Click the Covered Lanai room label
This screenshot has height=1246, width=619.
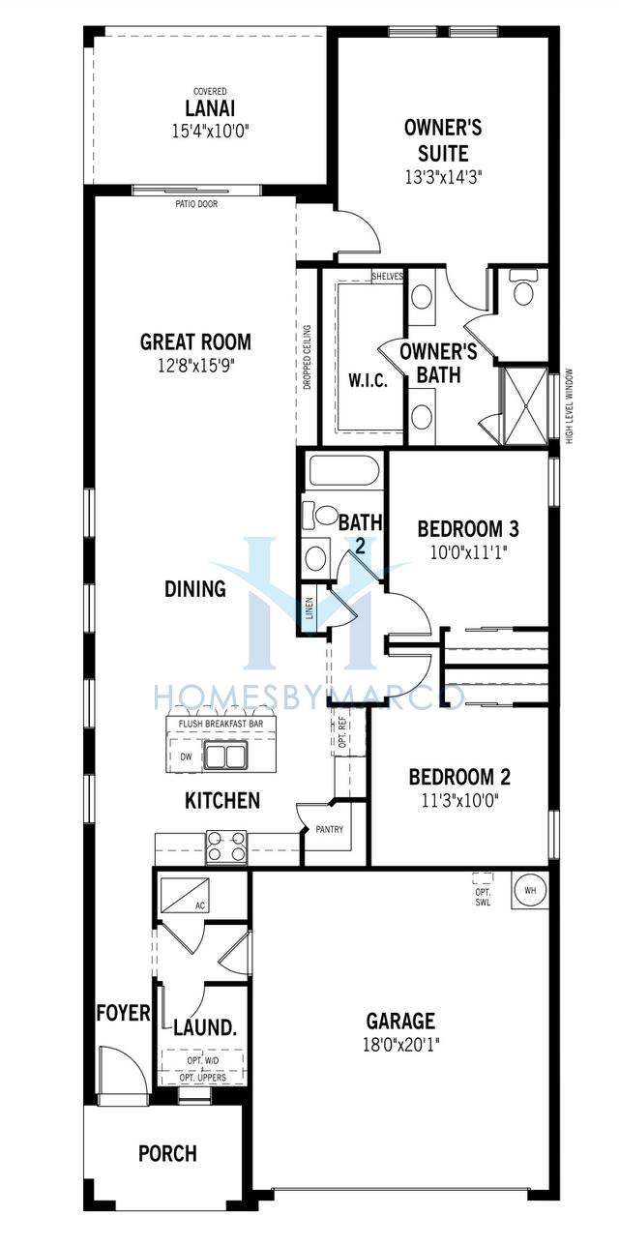click(210, 106)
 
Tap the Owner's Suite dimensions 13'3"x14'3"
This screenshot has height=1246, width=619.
click(443, 177)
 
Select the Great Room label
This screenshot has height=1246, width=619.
click(195, 341)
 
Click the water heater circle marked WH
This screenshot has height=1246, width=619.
click(529, 889)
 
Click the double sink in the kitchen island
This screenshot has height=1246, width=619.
click(224, 756)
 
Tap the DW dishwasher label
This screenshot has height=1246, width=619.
click(186, 756)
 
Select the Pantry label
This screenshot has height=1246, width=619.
click(329, 829)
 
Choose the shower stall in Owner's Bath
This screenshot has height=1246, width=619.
click(525, 405)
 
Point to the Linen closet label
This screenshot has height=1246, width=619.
click(309, 608)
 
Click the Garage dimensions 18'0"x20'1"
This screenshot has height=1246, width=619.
click(400, 1045)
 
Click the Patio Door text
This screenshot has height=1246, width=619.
click(196, 204)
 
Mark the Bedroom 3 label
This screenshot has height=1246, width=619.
click(468, 528)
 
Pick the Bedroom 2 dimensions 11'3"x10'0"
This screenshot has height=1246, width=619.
click(459, 800)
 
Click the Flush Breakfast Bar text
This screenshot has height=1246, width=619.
click(221, 724)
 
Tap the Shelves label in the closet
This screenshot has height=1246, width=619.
click(387, 276)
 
